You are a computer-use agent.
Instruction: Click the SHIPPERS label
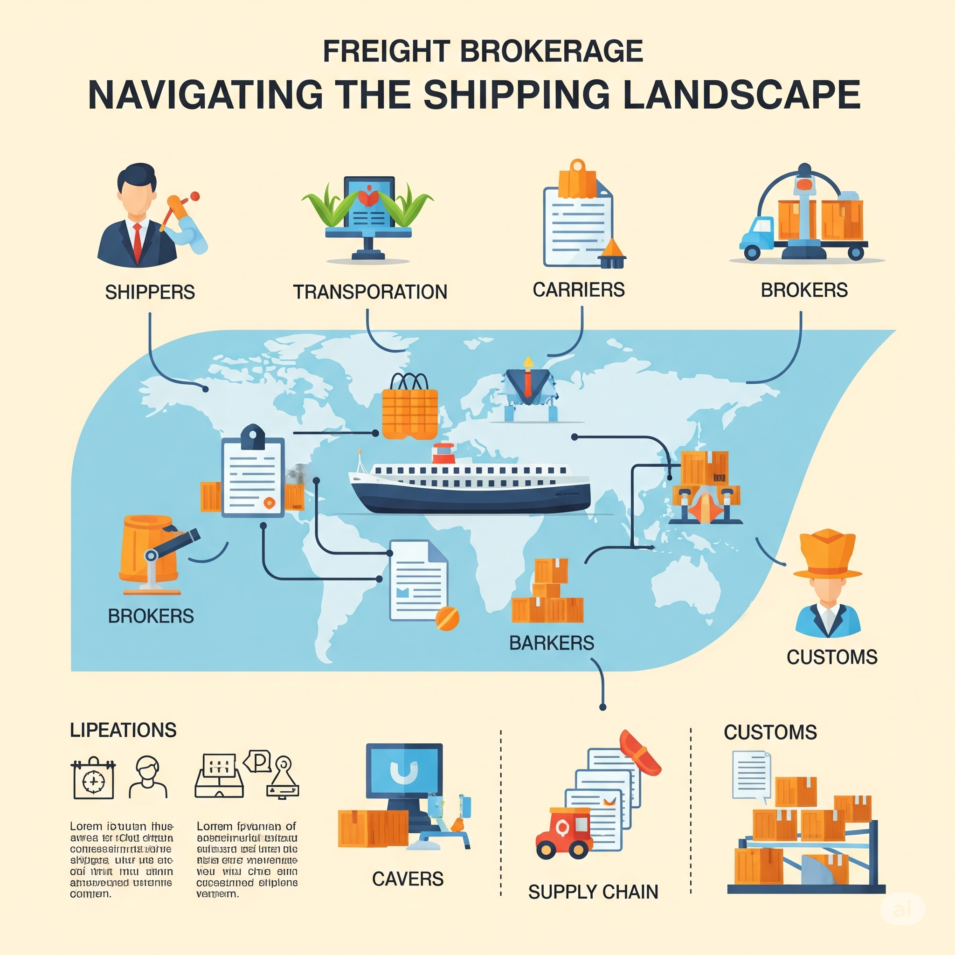click(x=150, y=292)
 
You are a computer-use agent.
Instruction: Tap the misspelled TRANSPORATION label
click(x=370, y=292)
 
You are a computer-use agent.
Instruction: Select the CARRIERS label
click(x=578, y=290)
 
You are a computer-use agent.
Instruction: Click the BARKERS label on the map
click(x=552, y=643)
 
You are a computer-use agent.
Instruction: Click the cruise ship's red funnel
click(x=443, y=453)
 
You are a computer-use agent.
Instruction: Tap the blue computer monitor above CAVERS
click(x=404, y=771)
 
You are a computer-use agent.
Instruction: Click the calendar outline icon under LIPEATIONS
click(x=93, y=779)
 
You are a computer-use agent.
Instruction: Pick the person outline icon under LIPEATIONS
click(x=148, y=777)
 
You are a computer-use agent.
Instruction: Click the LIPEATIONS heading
click(x=123, y=730)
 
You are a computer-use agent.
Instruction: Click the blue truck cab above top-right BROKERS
click(x=756, y=234)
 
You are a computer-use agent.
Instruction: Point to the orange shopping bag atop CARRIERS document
click(x=577, y=180)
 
